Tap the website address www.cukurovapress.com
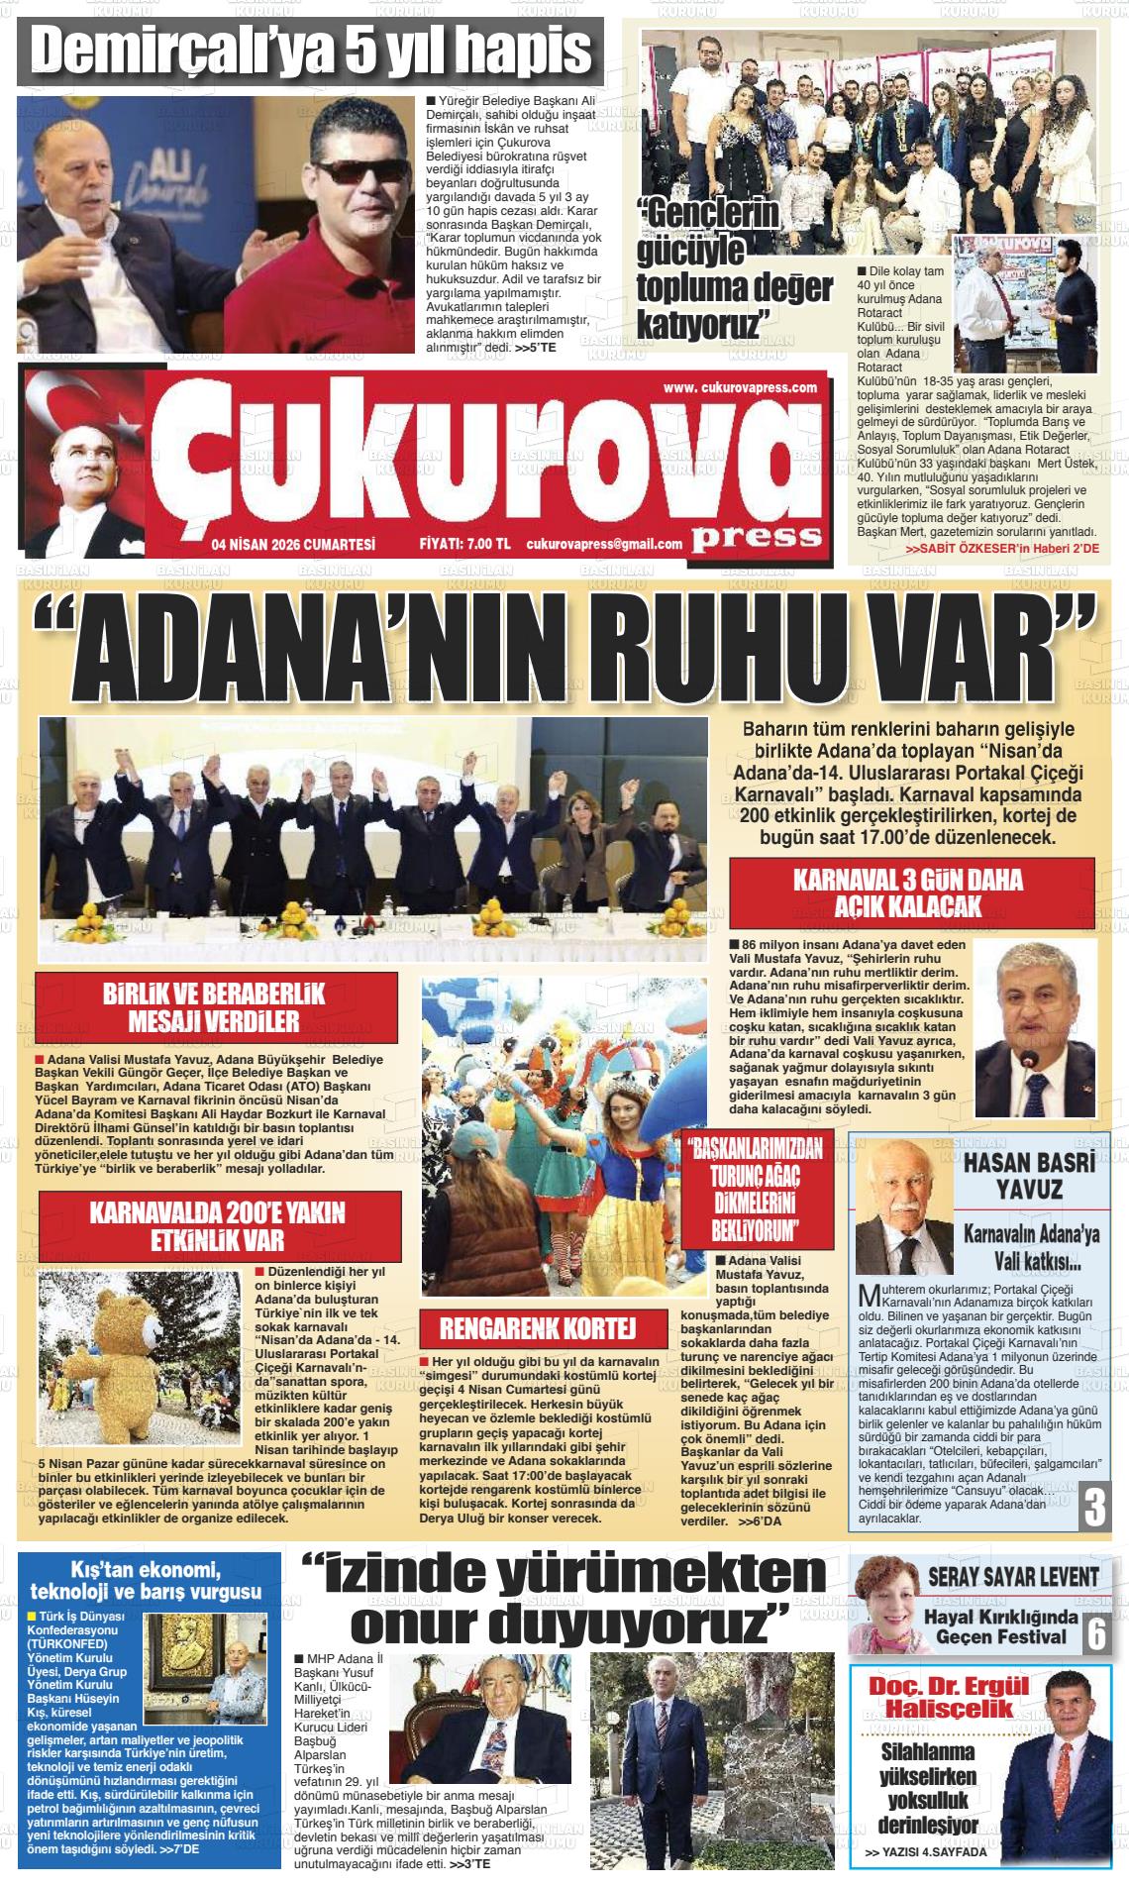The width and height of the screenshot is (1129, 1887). click(740, 387)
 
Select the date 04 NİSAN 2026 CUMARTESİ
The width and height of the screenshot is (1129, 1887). click(293, 544)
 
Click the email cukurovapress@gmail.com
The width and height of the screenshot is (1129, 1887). click(604, 544)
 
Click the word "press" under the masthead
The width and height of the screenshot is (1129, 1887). click(758, 537)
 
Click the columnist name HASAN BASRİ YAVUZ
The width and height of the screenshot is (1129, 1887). click(1029, 1176)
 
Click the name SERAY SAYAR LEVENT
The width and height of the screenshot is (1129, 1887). click(1013, 1576)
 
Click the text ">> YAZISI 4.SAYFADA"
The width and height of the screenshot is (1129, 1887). click(926, 1851)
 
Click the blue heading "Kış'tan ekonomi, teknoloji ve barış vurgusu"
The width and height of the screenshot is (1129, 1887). click(147, 1581)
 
